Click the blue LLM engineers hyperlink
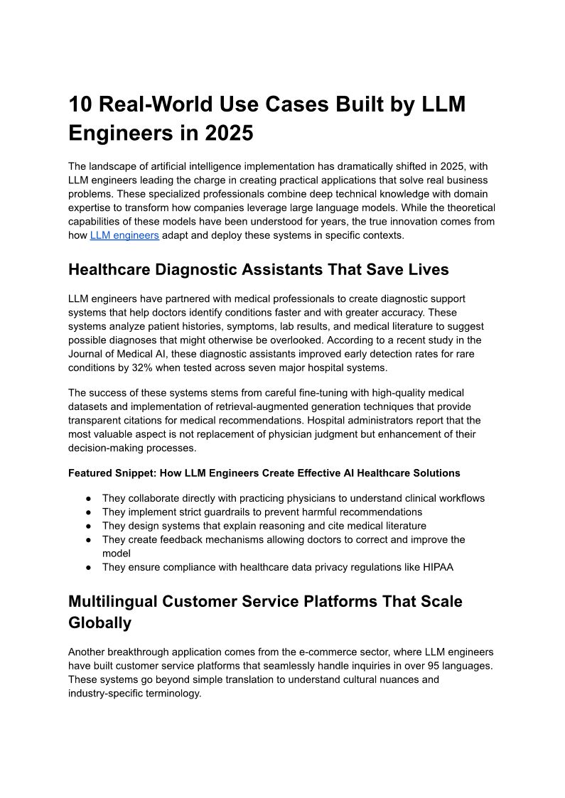(124, 235)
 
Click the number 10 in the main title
(80, 104)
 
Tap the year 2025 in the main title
(230, 133)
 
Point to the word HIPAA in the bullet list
(438, 567)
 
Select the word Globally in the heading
(99, 623)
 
